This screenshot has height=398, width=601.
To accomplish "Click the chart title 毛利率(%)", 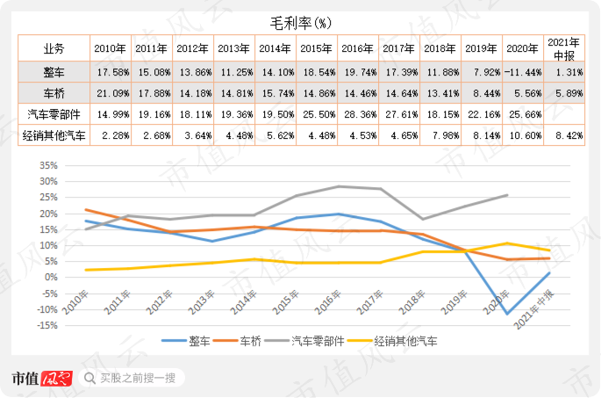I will pos(301,20).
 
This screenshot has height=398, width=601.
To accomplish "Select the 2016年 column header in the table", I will pos(357,48).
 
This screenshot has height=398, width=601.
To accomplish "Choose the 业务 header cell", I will pos(55,48).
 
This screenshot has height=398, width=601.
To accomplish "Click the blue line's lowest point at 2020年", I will pos(506,314).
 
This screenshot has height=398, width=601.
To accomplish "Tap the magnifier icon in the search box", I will pos(90,379).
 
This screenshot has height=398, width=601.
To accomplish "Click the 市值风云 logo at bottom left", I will pos(39,379).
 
